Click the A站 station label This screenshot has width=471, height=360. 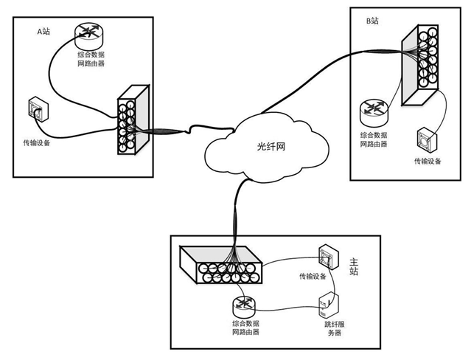45,32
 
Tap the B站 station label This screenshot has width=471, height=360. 372,21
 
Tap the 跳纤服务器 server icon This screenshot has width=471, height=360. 328,305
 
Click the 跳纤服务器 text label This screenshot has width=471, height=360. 328,328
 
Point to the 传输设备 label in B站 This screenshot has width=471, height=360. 428,160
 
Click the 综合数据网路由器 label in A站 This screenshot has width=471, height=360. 91,59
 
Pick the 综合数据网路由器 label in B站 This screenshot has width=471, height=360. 376,139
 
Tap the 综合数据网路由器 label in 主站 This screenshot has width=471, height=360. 245,328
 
